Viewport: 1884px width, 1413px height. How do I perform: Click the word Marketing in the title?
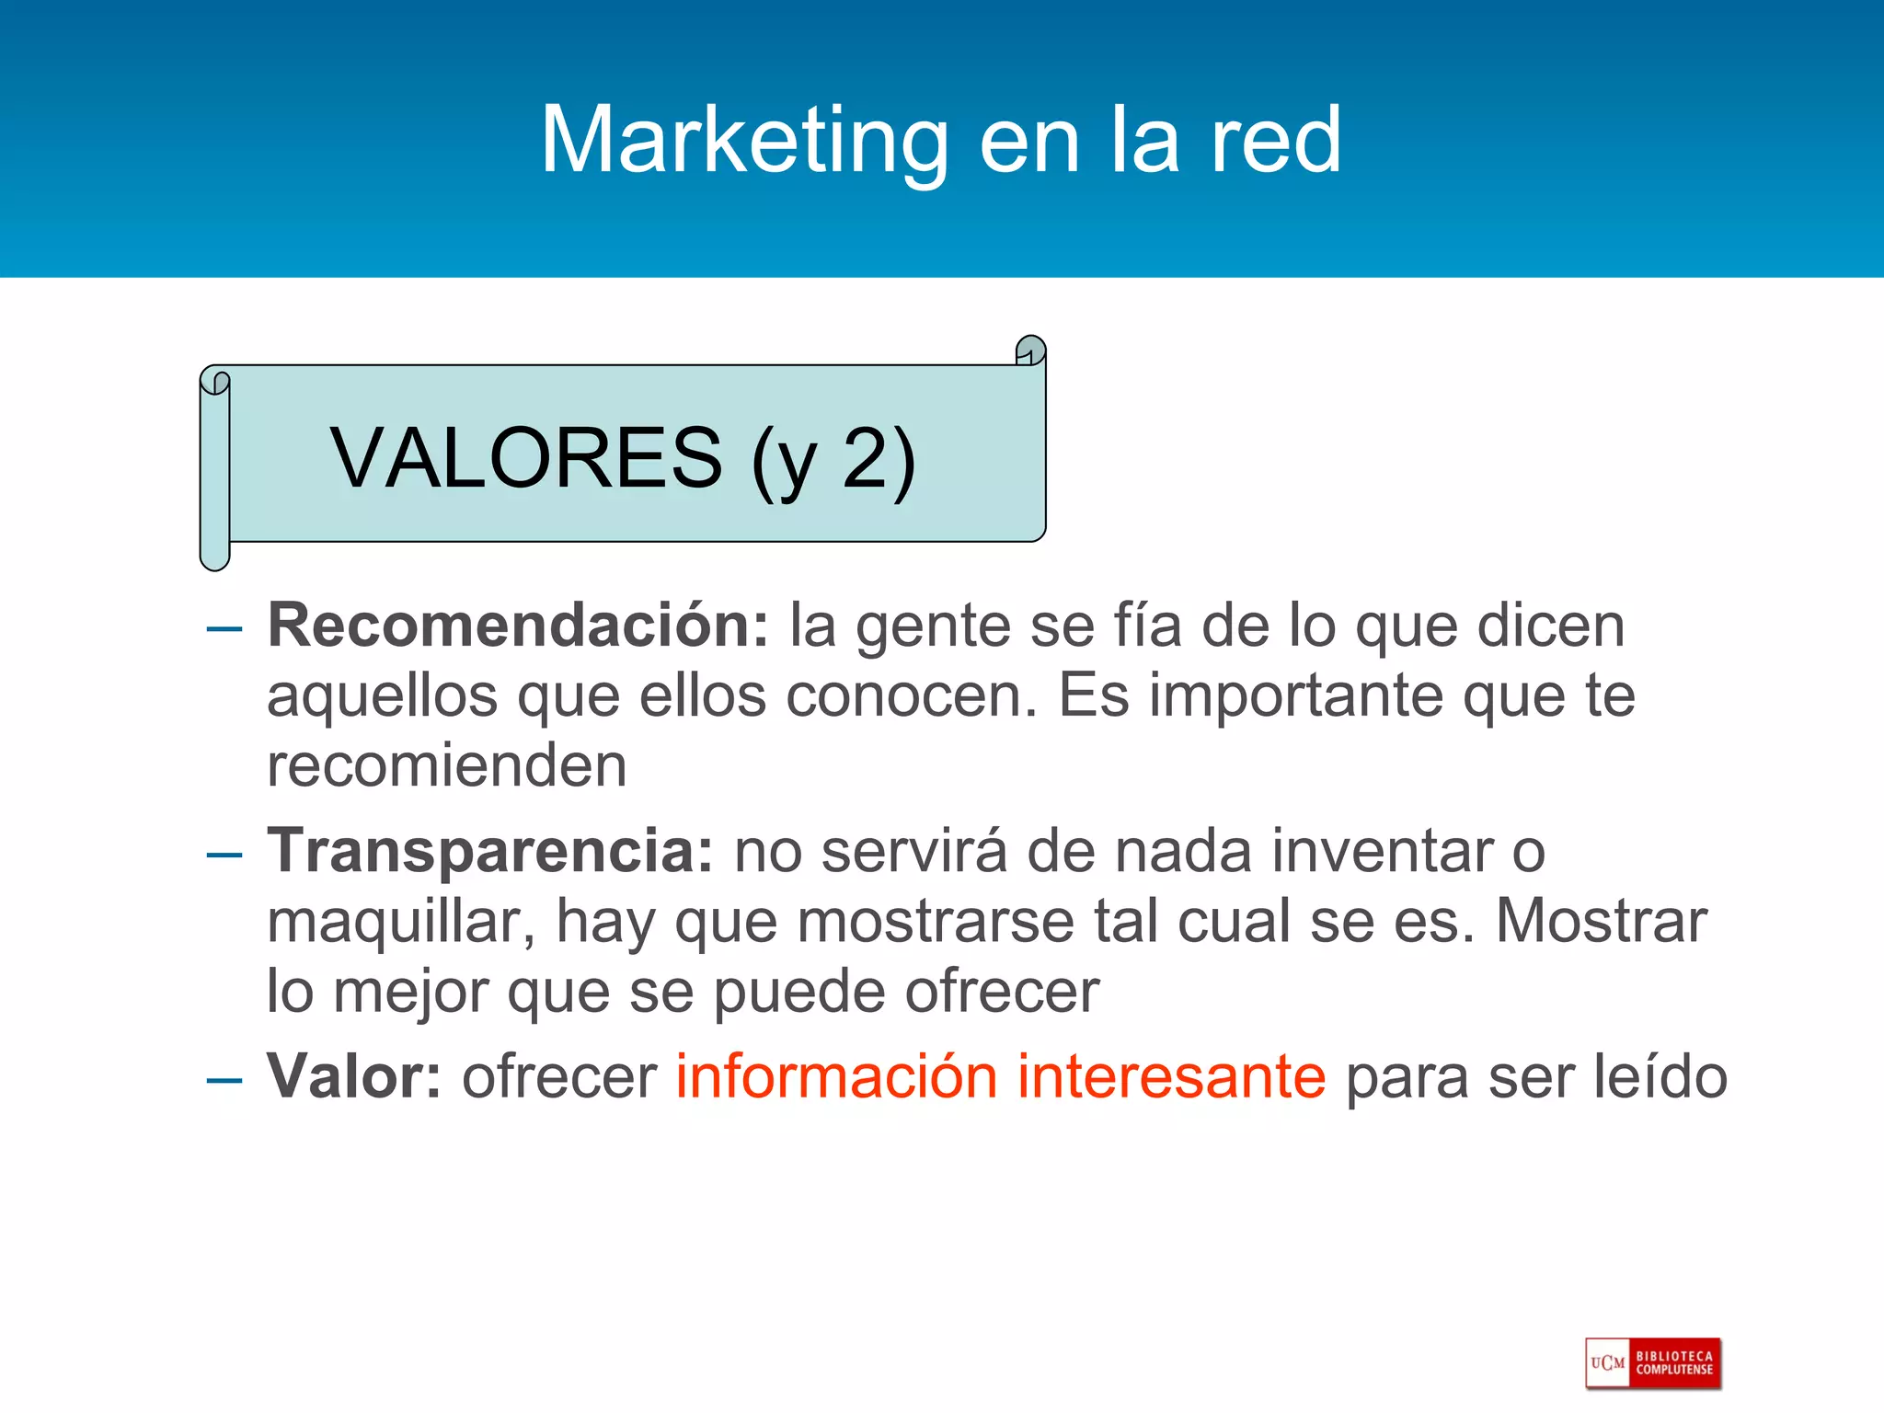[x=744, y=141]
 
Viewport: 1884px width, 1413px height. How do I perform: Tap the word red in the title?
[x=1275, y=141]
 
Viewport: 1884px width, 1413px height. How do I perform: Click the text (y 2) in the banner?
[x=833, y=460]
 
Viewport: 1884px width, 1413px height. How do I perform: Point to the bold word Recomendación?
[x=518, y=626]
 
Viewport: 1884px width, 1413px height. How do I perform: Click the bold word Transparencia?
[x=490, y=851]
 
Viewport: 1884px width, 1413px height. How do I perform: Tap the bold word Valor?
[x=354, y=1076]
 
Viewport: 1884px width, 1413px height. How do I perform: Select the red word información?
[x=836, y=1076]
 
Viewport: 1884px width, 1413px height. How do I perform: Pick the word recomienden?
[x=447, y=765]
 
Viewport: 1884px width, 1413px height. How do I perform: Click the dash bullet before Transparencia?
[x=224, y=856]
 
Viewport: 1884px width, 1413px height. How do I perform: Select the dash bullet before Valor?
[x=224, y=1081]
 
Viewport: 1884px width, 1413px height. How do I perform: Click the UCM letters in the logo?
[x=1608, y=1363]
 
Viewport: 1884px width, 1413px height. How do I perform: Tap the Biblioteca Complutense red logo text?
[x=1674, y=1363]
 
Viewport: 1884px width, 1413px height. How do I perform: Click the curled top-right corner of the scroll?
[x=1030, y=351]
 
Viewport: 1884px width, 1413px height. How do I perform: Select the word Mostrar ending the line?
[x=1602, y=921]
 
